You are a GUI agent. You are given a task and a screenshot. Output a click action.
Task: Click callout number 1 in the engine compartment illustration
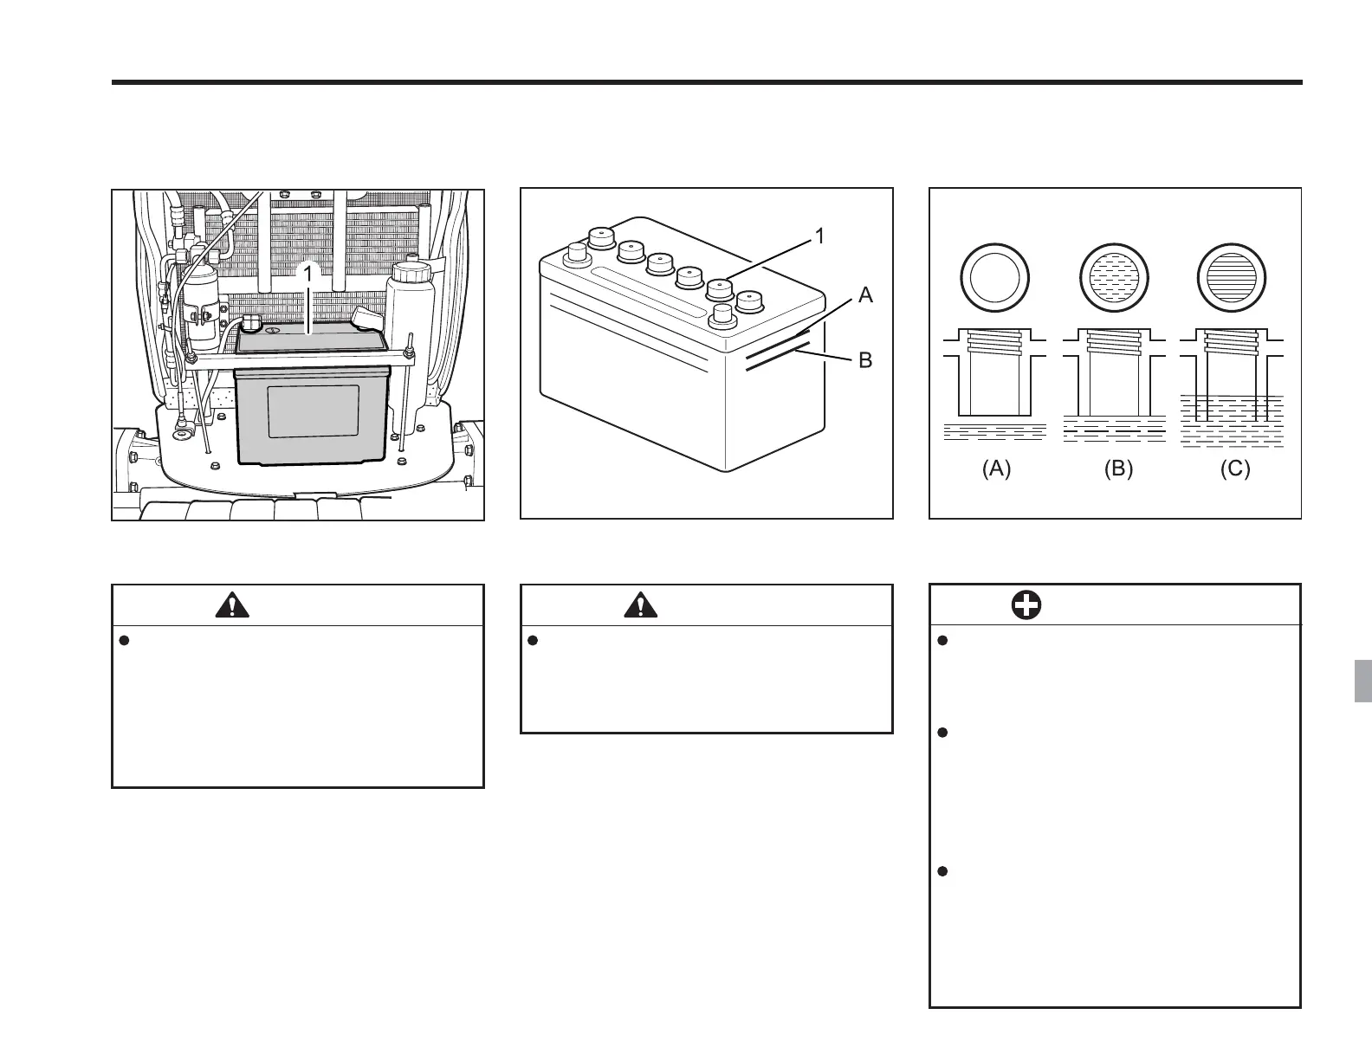tap(307, 273)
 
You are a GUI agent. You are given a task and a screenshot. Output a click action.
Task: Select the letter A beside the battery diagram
tap(865, 295)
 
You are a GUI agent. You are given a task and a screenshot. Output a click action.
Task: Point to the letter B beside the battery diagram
tap(865, 360)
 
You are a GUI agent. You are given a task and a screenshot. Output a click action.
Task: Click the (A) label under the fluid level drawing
tap(996, 469)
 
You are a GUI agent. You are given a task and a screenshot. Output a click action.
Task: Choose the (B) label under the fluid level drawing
tap(1118, 469)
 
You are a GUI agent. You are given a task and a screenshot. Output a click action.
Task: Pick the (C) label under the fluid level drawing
tap(1235, 469)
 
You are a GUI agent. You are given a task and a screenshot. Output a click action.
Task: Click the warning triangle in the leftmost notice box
tap(231, 604)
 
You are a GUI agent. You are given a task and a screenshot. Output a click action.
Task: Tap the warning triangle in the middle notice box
tap(640, 604)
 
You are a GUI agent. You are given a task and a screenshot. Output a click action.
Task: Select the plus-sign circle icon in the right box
tap(1027, 605)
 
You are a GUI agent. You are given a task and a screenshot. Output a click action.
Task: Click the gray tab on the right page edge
tap(1362, 682)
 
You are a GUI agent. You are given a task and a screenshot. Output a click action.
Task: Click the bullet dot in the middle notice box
tap(534, 641)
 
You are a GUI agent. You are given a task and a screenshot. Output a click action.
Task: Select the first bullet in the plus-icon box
tap(943, 641)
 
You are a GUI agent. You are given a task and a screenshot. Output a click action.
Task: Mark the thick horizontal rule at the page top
tap(707, 82)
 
